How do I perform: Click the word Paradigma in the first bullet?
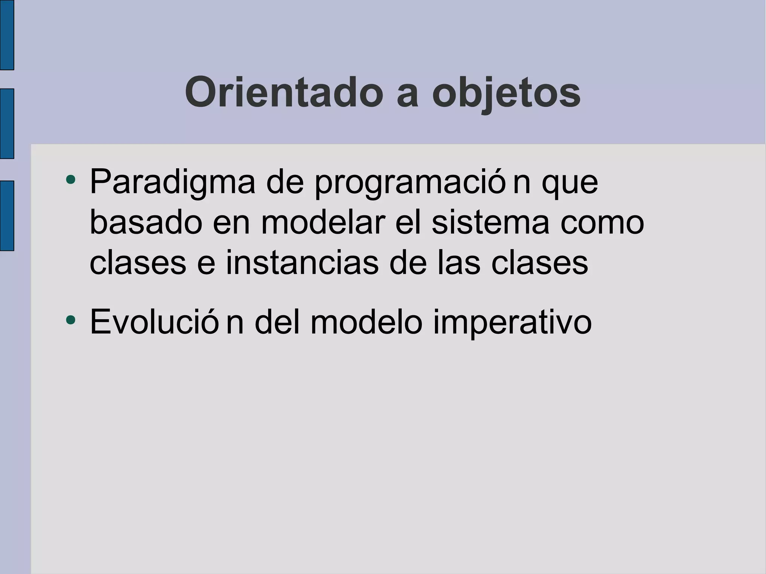[x=172, y=182]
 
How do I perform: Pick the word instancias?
[x=302, y=263]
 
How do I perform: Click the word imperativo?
[x=512, y=322]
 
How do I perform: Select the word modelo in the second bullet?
[x=366, y=322]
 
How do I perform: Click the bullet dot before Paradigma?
[x=70, y=180]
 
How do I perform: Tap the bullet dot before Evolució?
[x=70, y=320]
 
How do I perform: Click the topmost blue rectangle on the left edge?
[x=7, y=34]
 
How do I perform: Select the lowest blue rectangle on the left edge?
[x=7, y=216]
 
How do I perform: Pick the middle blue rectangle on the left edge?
[x=7, y=124]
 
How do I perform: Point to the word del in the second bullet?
[x=277, y=322]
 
